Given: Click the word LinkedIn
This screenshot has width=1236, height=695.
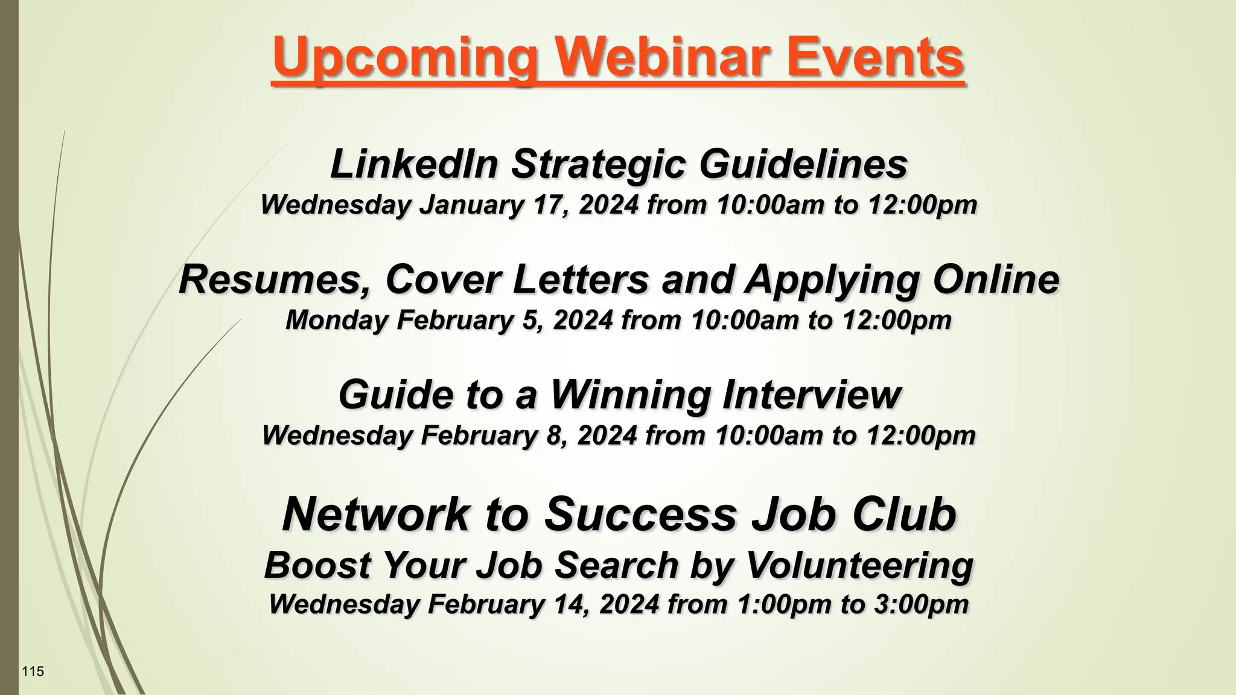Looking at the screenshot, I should pos(414,164).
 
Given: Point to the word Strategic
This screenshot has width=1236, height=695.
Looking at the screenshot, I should pos(598,164).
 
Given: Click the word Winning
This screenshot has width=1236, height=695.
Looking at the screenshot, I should pos(631,395).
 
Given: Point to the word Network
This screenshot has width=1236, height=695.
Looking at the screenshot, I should pos(375,514).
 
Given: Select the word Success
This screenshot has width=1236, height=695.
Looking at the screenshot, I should pos(640,514).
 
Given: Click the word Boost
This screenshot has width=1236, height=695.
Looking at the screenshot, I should pos(317,566).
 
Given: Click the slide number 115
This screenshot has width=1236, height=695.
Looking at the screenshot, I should pos(33,671).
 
